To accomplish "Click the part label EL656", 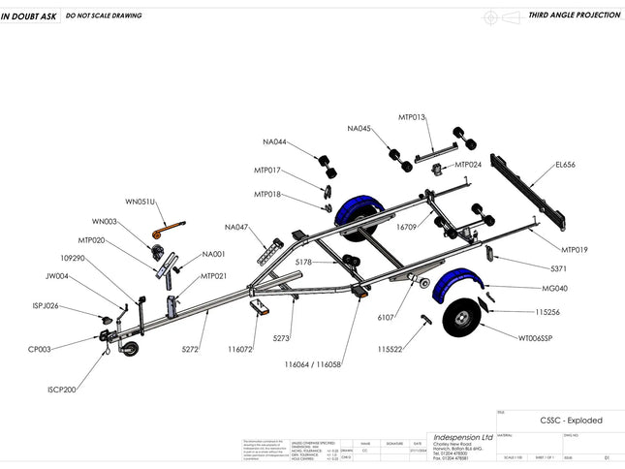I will [x=565, y=165].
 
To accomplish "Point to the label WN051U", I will [x=141, y=202].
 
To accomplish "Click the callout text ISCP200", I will [x=61, y=390].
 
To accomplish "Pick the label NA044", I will [x=274, y=142].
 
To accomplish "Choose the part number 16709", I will [x=406, y=228].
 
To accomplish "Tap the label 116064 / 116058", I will [x=313, y=365].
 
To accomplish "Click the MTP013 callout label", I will [x=412, y=117].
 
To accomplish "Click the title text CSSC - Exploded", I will [x=571, y=421].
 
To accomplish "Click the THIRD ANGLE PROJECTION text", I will [x=573, y=16].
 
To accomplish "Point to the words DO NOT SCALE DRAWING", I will [x=104, y=16].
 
